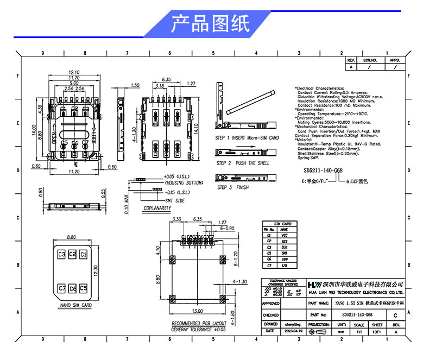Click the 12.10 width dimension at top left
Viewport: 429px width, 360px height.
(74, 72)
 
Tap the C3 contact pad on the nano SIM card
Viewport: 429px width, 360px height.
(61, 254)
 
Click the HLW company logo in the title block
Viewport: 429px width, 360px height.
(314, 285)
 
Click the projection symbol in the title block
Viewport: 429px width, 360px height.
(319, 331)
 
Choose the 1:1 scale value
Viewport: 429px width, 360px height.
(359, 331)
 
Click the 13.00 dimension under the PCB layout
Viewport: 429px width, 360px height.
(197, 311)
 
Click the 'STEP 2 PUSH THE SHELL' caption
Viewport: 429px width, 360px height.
(243, 163)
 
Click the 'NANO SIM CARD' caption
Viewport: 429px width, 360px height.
(75, 305)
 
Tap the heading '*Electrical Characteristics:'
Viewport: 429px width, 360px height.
(320, 88)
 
